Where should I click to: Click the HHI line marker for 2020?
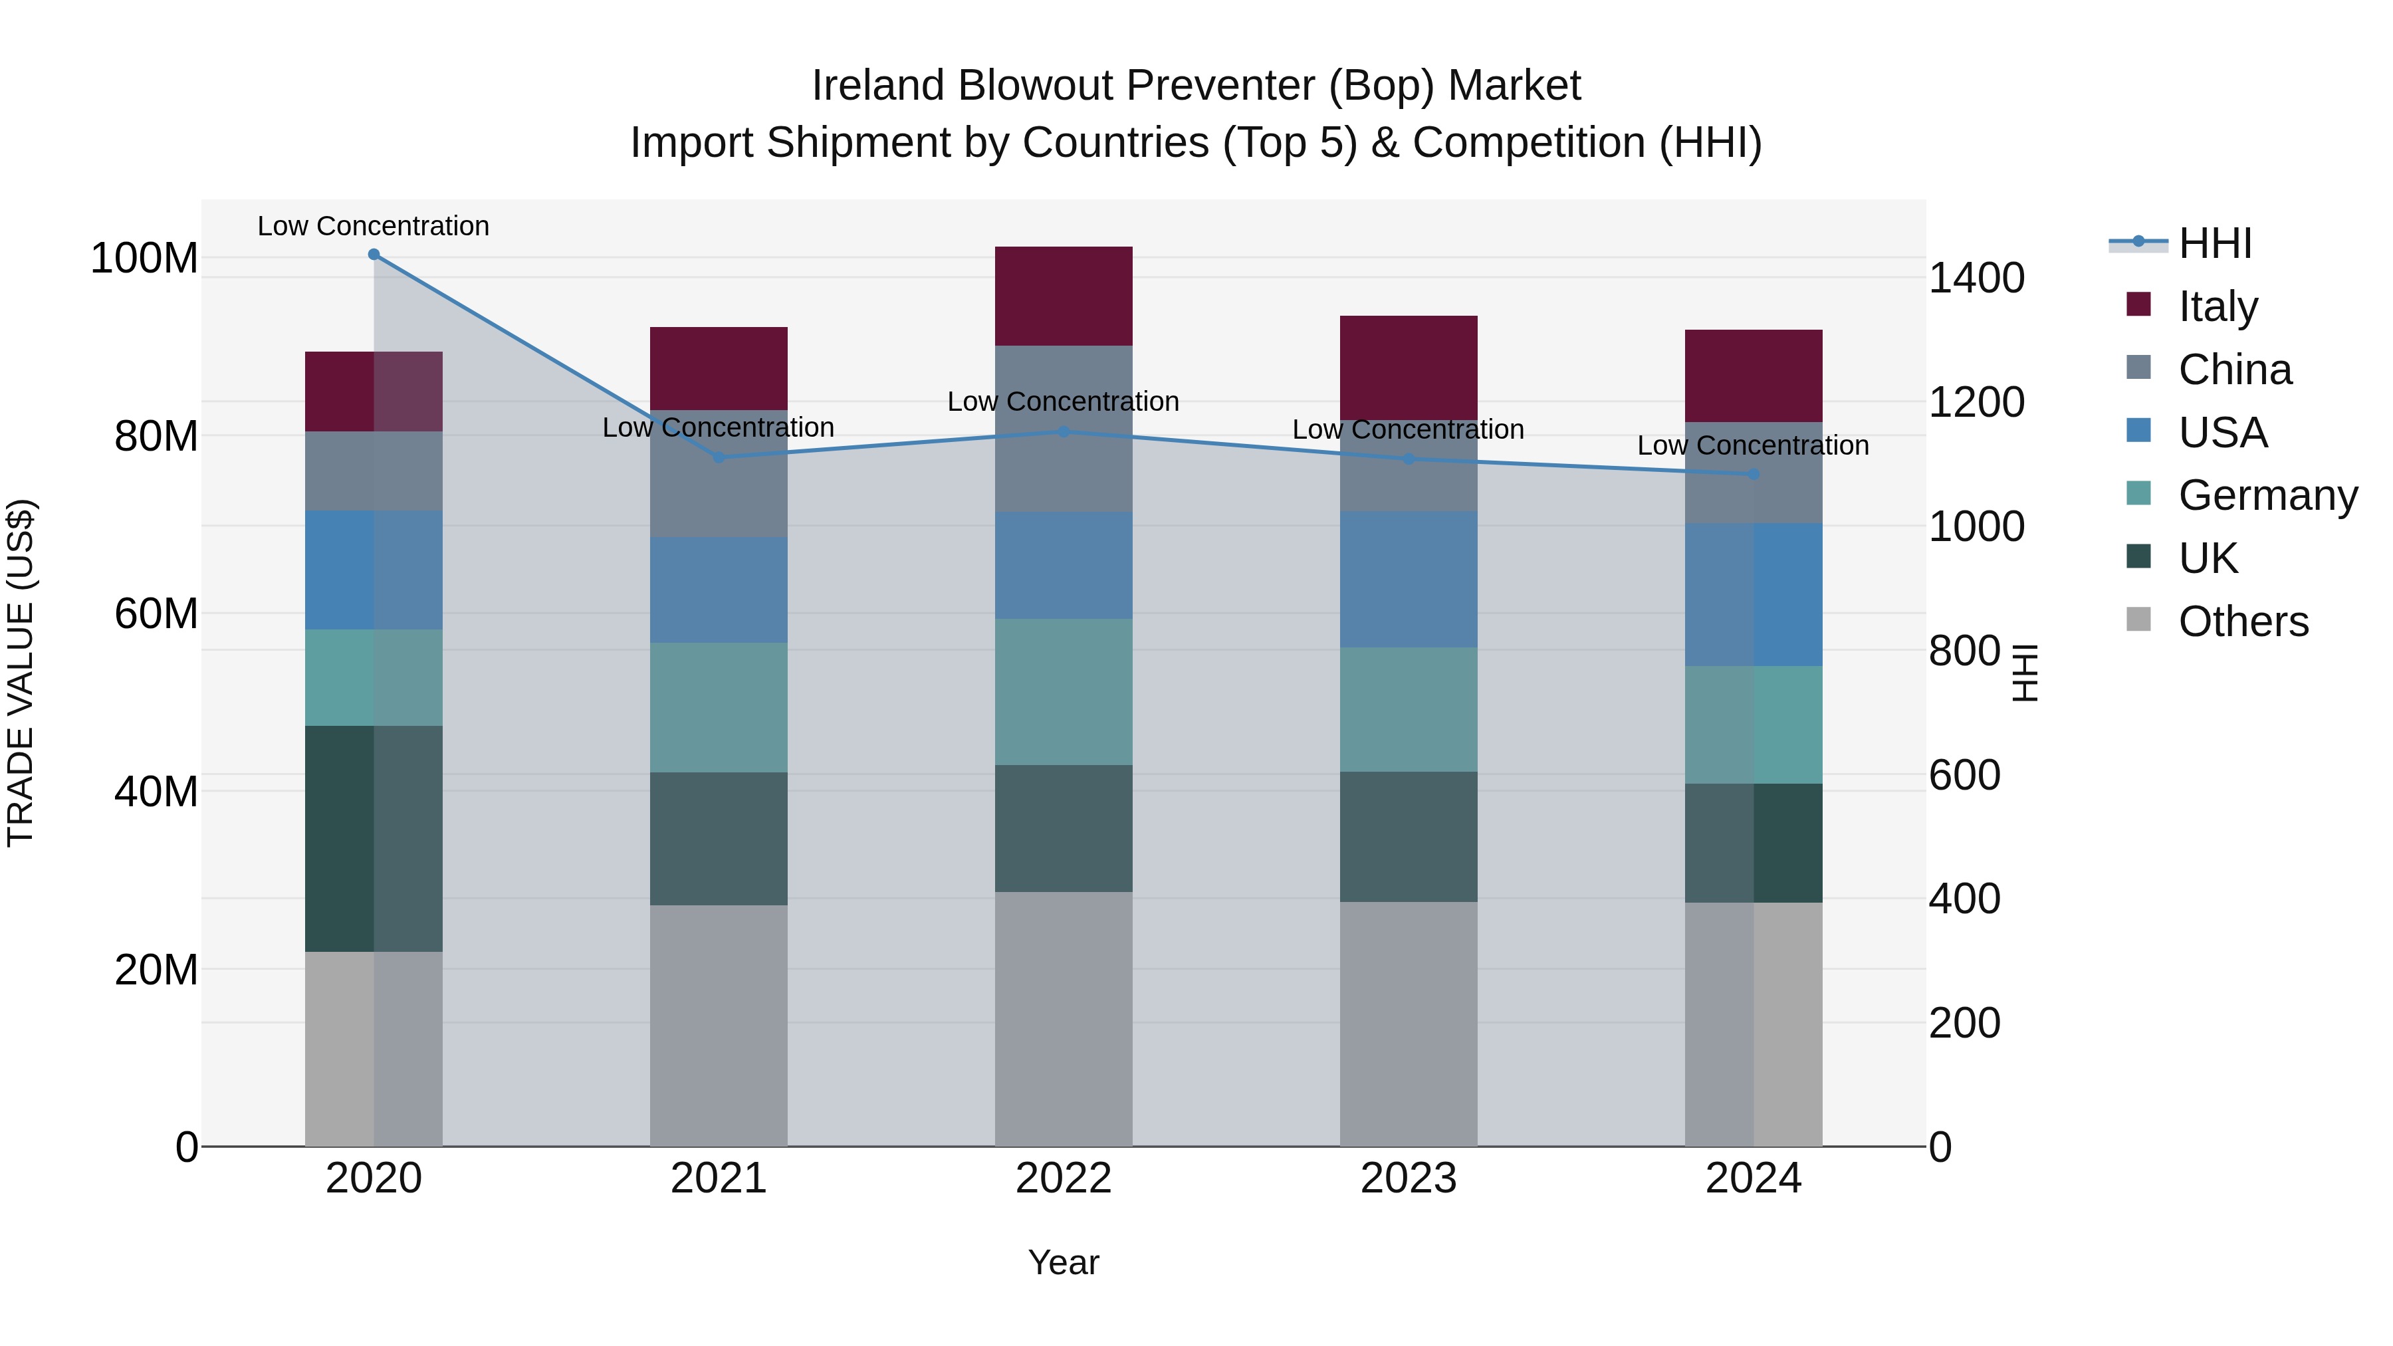point(374,254)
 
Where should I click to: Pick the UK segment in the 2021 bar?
point(718,838)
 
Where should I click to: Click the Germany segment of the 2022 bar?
point(1064,691)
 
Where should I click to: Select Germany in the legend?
point(2267,495)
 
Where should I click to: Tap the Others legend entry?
point(2243,621)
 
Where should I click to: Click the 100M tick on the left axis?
point(144,259)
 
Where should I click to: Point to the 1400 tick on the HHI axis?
point(1977,278)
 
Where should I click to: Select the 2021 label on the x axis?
point(718,1178)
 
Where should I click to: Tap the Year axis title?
point(1064,1262)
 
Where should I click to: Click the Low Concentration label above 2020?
point(374,226)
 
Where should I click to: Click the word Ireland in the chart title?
point(878,86)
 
